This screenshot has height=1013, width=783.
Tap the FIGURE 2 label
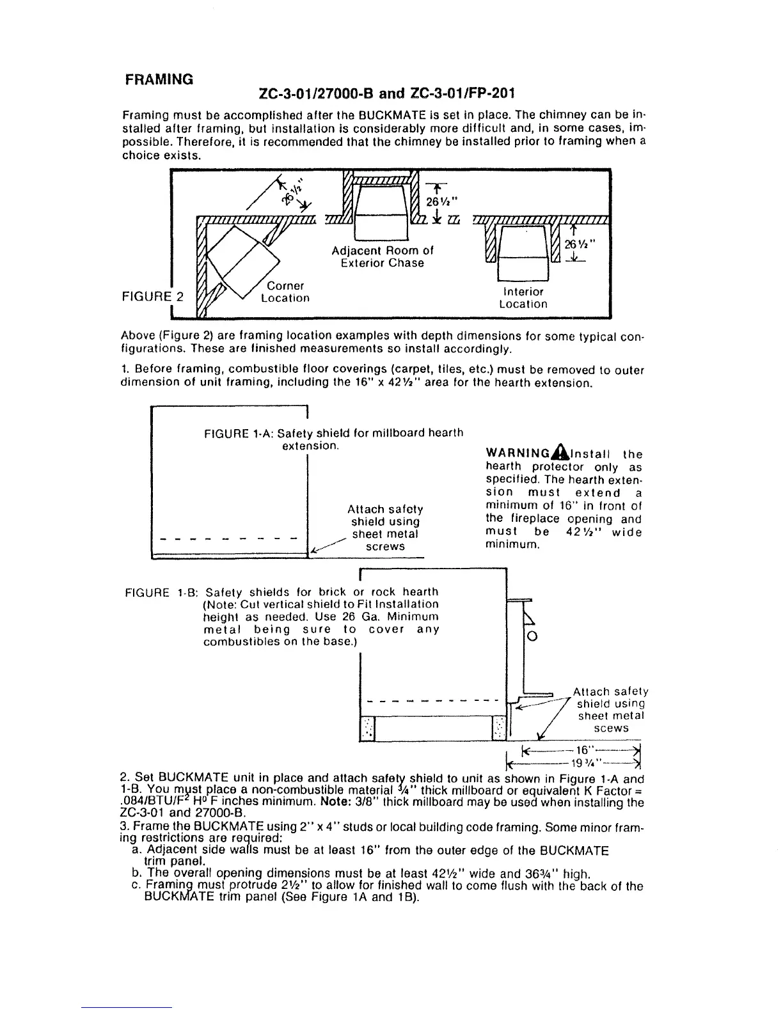click(x=152, y=297)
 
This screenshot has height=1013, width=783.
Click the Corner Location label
click(x=285, y=292)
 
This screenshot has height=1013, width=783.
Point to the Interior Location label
click(x=523, y=298)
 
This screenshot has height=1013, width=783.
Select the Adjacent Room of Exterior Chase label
click(x=383, y=256)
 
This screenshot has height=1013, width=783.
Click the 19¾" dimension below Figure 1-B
click(x=580, y=762)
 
